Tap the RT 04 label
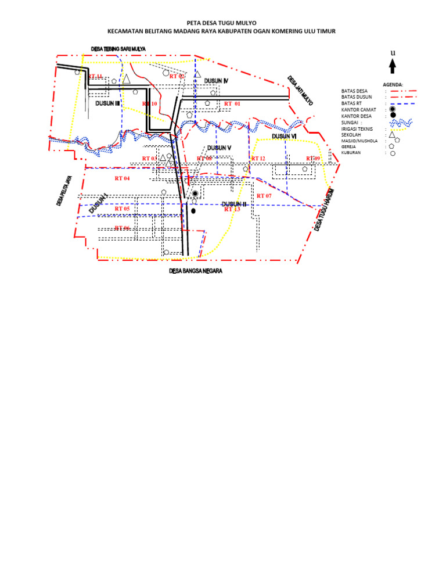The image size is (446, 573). click(x=122, y=178)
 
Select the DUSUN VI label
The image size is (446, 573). click(x=285, y=136)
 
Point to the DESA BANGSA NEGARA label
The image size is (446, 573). click(x=196, y=271)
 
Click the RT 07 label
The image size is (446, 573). click(x=264, y=196)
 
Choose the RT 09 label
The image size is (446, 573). click(x=313, y=159)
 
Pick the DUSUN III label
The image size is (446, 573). click(x=107, y=103)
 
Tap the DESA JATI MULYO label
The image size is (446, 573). click(x=300, y=91)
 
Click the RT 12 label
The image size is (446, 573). click(x=258, y=159)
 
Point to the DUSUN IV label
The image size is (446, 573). click(x=217, y=81)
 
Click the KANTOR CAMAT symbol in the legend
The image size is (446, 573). click(x=393, y=109)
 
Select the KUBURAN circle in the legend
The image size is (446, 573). click(x=393, y=153)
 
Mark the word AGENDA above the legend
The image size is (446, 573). click(x=393, y=84)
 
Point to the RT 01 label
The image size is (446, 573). click(x=232, y=103)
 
